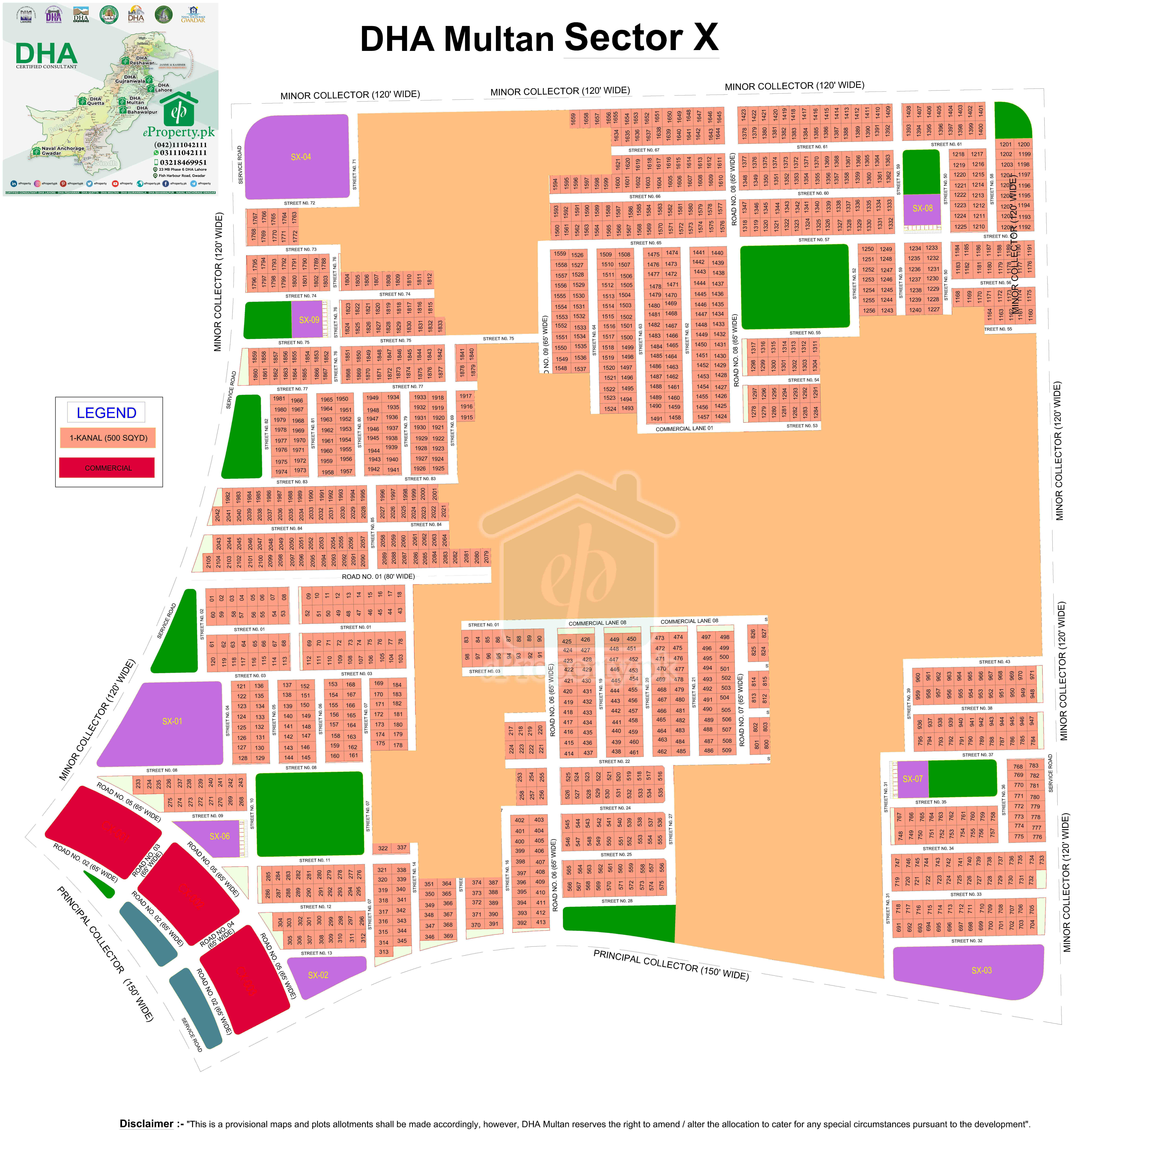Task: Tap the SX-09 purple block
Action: (x=309, y=320)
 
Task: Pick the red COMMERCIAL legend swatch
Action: (x=108, y=468)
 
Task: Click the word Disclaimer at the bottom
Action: (x=146, y=1123)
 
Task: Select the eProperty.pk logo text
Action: (x=178, y=132)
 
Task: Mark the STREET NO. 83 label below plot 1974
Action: (x=292, y=482)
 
